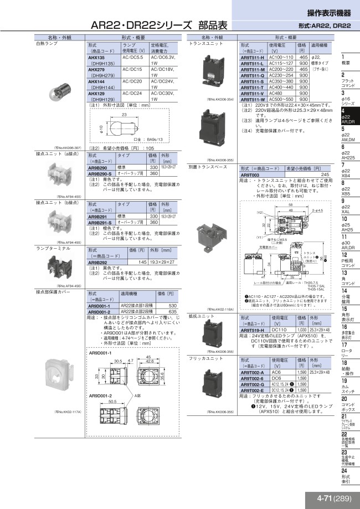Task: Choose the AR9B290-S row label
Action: pos(100,173)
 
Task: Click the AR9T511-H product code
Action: pos(253,58)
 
